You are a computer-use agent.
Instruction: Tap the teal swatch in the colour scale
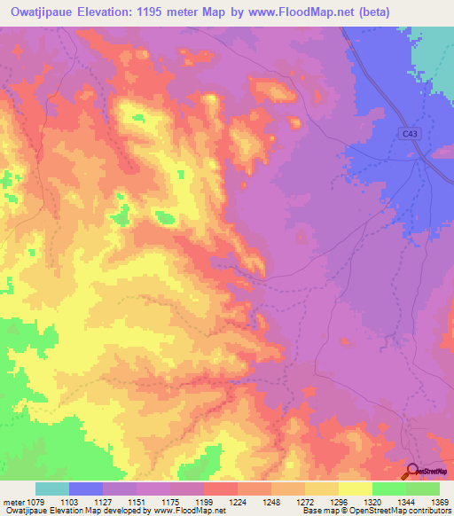[52, 489]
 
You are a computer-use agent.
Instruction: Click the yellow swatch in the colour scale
[355, 489]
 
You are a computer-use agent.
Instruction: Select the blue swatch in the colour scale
[86, 489]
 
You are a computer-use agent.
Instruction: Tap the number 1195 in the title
[190, 12]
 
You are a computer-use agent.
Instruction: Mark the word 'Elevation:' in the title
[134, 12]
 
